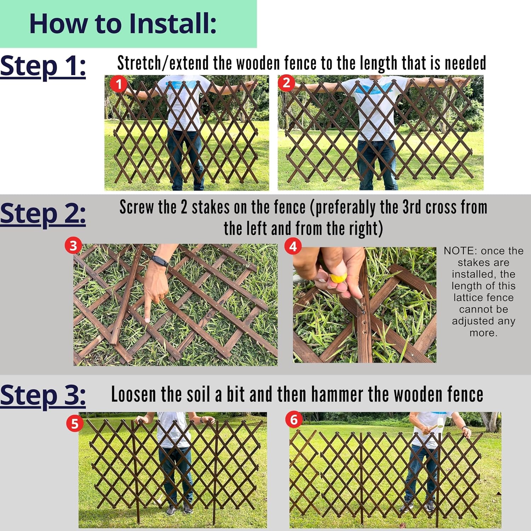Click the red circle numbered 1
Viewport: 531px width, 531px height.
[x=118, y=84]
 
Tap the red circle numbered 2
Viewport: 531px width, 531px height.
[x=286, y=83]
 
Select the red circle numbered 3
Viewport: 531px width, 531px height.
[x=73, y=246]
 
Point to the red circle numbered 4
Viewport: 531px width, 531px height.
[x=293, y=246]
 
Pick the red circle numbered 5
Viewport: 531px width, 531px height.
[x=75, y=424]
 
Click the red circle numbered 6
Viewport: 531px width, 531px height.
[x=294, y=420]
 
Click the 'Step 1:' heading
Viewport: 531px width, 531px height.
[x=43, y=67]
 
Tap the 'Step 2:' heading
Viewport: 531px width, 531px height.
[x=43, y=215]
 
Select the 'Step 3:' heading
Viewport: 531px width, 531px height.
[x=43, y=395]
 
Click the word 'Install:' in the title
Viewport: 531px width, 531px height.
[x=172, y=23]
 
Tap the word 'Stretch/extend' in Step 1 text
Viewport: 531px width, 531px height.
[x=163, y=63]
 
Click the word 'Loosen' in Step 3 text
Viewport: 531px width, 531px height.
[x=133, y=394]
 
